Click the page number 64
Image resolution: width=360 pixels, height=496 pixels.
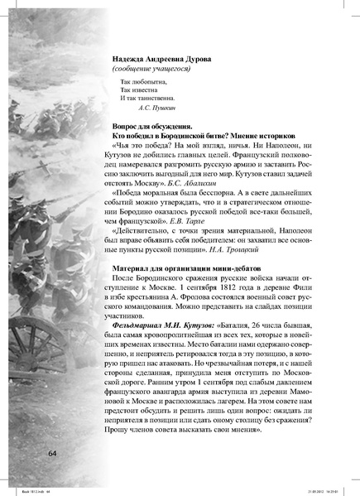pos(54,453)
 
